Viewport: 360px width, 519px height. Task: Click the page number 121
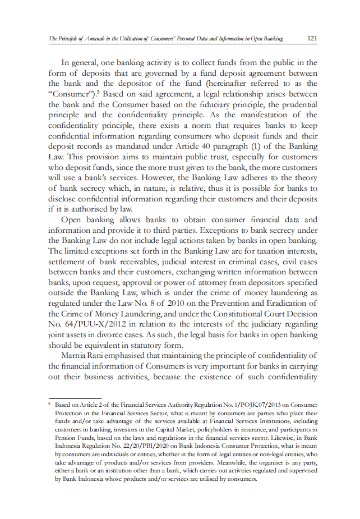[x=312, y=38]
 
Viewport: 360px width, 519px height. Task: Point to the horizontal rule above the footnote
[x=67, y=398]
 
